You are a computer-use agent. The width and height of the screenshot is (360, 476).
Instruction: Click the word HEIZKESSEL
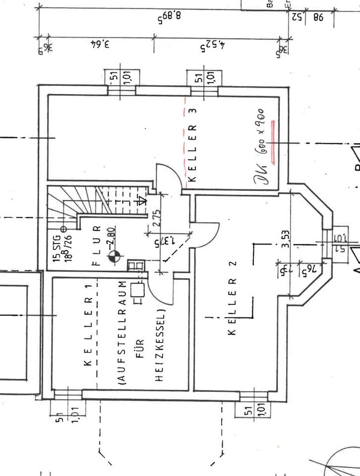(159, 347)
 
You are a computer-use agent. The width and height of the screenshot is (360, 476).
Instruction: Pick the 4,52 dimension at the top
(213, 47)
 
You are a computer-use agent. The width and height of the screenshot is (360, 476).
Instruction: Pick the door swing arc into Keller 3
(166, 174)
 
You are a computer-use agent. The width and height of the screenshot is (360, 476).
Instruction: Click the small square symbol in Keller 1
(137, 289)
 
